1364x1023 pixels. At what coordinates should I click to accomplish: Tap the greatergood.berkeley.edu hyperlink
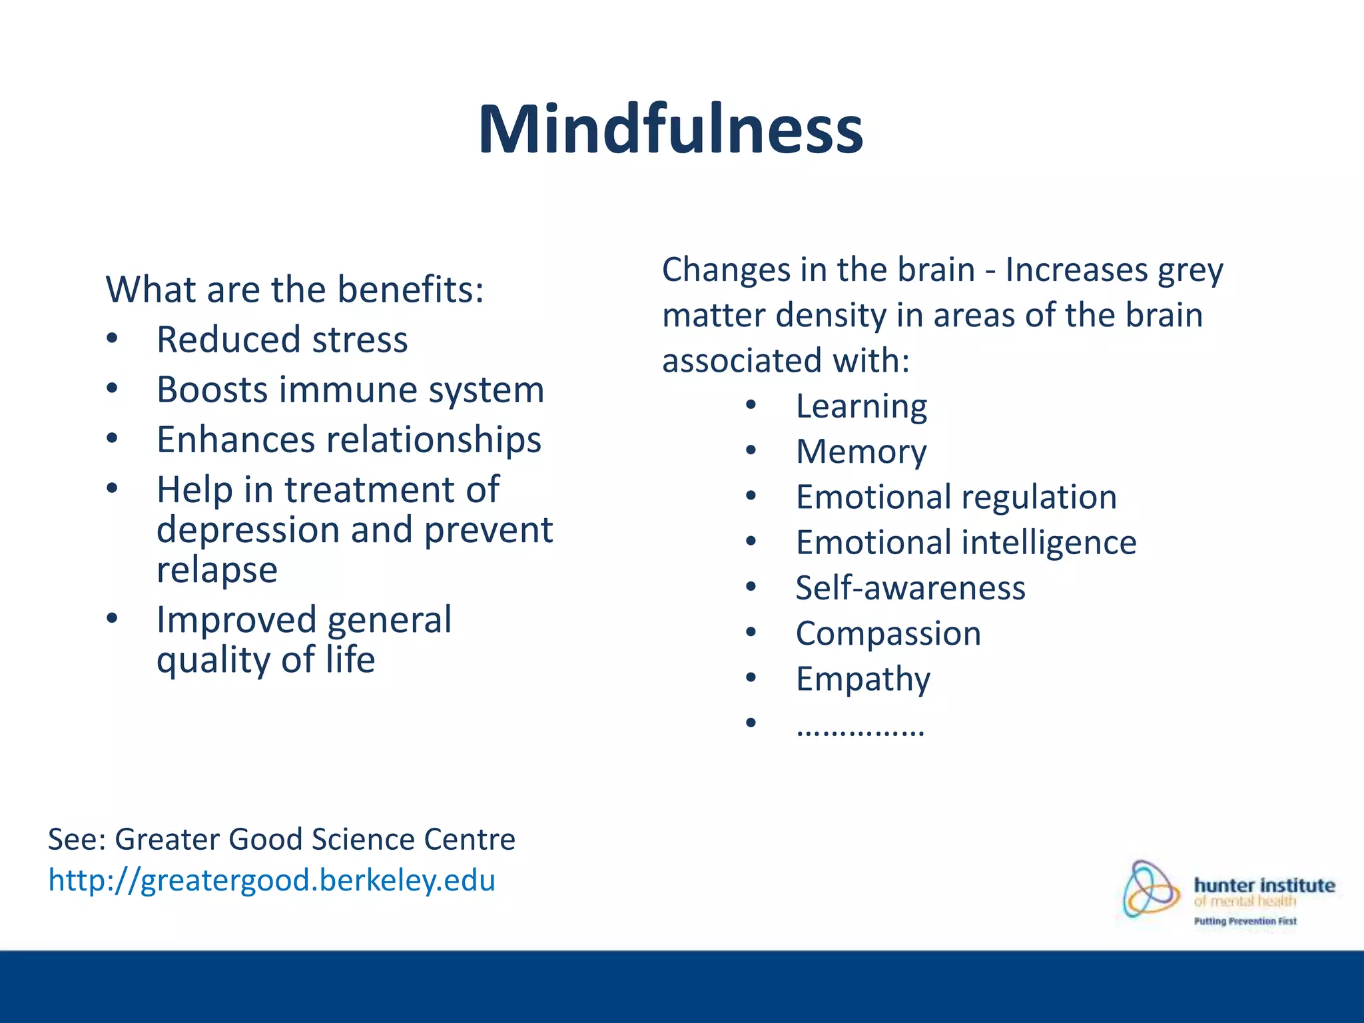(x=272, y=880)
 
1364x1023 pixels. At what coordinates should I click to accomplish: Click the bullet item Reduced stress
(x=282, y=340)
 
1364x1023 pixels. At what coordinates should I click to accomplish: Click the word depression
(x=248, y=530)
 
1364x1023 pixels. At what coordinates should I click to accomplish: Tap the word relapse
(x=217, y=570)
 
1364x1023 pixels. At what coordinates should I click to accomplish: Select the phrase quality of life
(x=266, y=660)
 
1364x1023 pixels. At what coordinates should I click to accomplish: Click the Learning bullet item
(x=861, y=406)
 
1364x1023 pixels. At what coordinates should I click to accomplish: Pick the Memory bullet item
(x=861, y=452)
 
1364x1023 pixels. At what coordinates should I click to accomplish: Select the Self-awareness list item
(x=910, y=588)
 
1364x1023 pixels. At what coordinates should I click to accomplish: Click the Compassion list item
(x=888, y=633)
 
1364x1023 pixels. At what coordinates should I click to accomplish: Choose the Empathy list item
(x=862, y=679)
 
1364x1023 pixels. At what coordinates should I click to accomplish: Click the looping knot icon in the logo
(x=1150, y=889)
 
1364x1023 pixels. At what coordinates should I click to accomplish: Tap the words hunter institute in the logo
(x=1264, y=885)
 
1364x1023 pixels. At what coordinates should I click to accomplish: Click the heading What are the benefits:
(x=294, y=290)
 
